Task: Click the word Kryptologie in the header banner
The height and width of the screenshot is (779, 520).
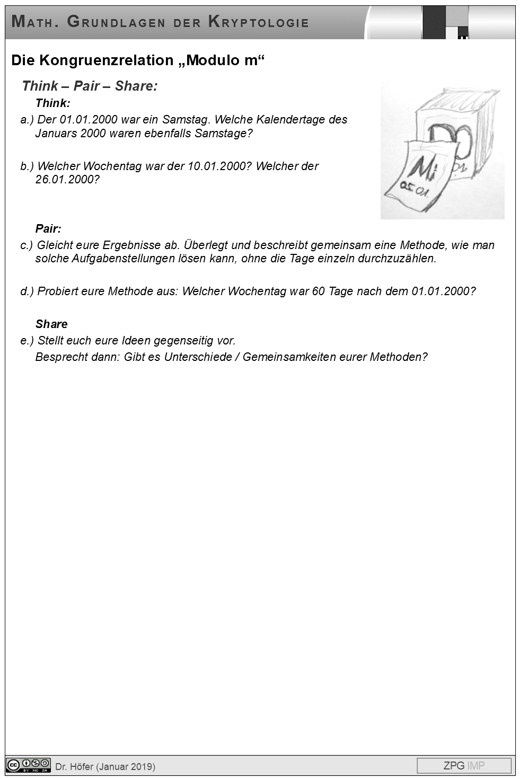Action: [258, 22]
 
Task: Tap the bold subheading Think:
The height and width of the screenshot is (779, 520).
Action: [52, 103]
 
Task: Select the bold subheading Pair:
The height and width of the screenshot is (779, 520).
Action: [48, 229]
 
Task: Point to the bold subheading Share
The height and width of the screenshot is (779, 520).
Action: [51, 324]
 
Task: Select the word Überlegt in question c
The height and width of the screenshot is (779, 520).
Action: [206, 245]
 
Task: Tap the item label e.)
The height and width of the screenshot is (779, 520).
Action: [27, 341]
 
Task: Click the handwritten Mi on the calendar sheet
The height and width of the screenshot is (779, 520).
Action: [424, 169]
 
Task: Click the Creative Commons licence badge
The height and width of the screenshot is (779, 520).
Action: [28, 765]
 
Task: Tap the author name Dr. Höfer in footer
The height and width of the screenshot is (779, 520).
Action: [75, 766]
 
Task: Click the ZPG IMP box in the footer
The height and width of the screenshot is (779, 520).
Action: [464, 766]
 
